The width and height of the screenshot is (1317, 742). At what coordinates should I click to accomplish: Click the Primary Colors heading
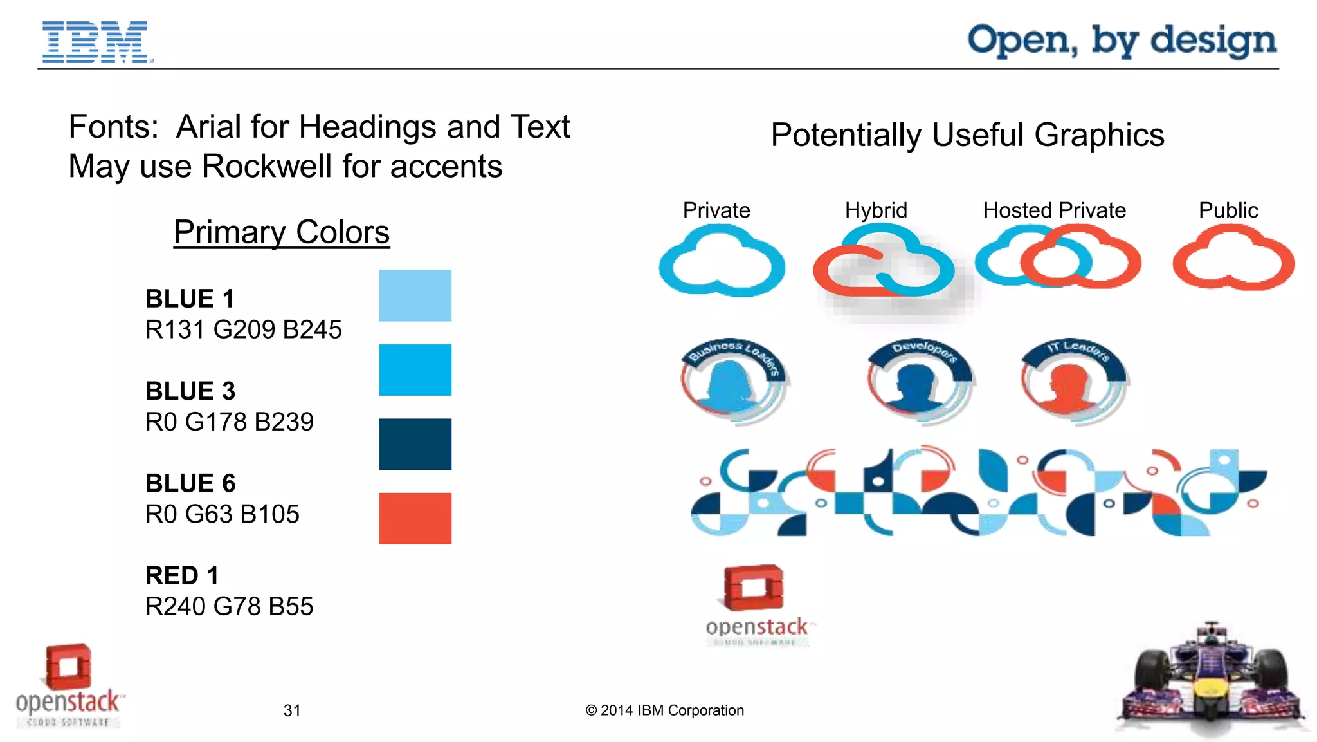281,232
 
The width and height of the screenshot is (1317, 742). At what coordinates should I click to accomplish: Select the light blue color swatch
415,295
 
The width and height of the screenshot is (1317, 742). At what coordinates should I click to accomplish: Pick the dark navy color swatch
415,444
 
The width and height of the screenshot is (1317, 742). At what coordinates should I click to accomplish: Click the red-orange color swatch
415,518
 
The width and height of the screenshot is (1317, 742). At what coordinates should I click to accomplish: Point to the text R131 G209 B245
243,329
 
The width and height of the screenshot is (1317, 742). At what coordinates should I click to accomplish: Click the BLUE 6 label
190,483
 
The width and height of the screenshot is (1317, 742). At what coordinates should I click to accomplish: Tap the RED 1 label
182,575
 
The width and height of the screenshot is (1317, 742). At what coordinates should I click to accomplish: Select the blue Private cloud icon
722,264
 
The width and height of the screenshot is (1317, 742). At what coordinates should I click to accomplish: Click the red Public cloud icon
1233,261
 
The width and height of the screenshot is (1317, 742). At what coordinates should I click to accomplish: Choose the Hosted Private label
1054,210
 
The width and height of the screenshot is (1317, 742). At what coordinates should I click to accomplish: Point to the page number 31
292,710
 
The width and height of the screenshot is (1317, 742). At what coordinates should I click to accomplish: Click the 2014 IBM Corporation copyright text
664,710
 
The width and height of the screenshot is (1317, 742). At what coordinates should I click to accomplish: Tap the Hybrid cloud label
876,210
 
